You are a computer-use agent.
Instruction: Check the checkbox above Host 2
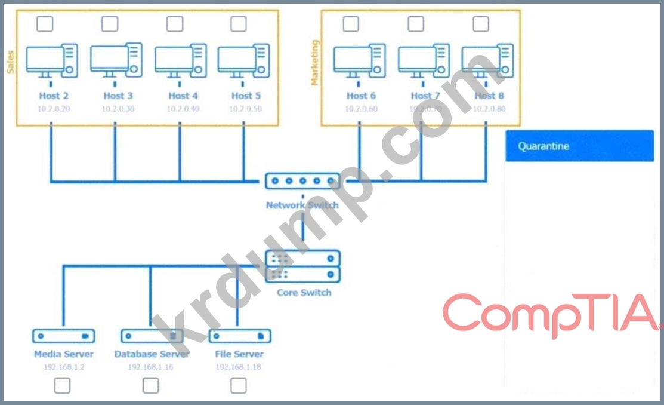(x=45, y=24)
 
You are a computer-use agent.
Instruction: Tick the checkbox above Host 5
(x=239, y=24)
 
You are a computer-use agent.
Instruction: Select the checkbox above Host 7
(x=416, y=24)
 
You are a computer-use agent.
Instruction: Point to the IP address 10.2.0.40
(x=183, y=109)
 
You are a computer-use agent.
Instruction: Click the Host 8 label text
(x=489, y=96)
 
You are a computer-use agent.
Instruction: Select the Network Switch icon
(x=302, y=181)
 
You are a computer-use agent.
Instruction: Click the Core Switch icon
(x=302, y=266)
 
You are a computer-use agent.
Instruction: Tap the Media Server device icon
(x=63, y=336)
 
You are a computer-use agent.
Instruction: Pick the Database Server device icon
(x=151, y=336)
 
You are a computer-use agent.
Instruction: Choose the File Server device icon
(x=239, y=336)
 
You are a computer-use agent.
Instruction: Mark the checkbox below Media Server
(x=62, y=386)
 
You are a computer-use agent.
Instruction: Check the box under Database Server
(x=151, y=386)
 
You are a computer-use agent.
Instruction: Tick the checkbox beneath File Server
(x=239, y=386)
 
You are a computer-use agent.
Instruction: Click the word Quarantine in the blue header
(x=543, y=146)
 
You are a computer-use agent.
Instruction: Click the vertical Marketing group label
(x=315, y=62)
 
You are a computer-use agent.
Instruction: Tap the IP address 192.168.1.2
(x=64, y=367)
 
